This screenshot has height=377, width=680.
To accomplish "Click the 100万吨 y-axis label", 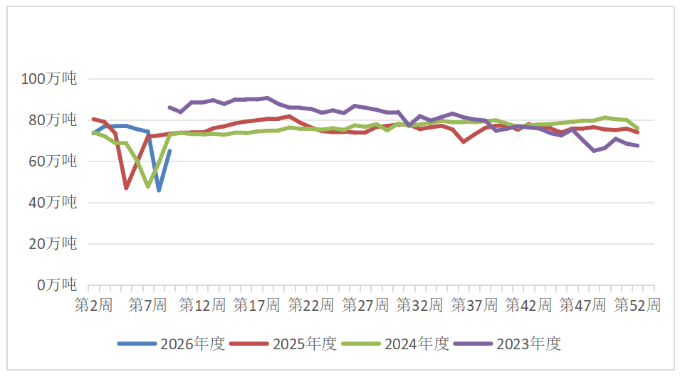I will pyautogui.click(x=48, y=79).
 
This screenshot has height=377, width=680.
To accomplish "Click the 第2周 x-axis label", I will pyautogui.click(x=94, y=306).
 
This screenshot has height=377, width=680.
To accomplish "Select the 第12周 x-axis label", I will pyautogui.click(x=202, y=306).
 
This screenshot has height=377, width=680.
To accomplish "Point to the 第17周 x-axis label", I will pyautogui.click(x=257, y=306).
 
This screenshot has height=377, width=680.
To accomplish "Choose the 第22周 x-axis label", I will pyautogui.click(x=311, y=306).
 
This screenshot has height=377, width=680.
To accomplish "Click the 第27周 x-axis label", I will pyautogui.click(x=365, y=306).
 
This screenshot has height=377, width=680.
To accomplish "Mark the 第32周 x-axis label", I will pyautogui.click(x=420, y=306).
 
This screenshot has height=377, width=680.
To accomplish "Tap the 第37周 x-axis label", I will pyautogui.click(x=474, y=306).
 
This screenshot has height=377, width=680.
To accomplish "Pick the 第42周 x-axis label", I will pyautogui.click(x=528, y=306).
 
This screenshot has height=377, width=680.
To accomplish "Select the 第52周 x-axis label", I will pyautogui.click(x=637, y=306).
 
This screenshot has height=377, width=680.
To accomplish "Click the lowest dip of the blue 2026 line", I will pyautogui.click(x=159, y=190).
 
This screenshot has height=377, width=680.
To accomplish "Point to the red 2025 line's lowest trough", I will pyautogui.click(x=127, y=188).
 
